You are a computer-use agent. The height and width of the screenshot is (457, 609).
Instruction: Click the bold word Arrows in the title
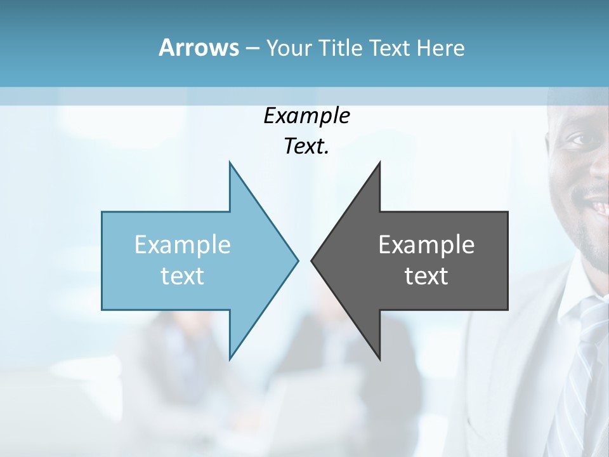click(x=199, y=48)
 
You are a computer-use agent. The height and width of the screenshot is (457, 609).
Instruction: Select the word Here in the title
click(x=440, y=48)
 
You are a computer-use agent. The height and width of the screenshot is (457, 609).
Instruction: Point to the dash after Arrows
click(x=252, y=48)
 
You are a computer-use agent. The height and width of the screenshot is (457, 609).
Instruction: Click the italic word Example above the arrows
click(x=306, y=116)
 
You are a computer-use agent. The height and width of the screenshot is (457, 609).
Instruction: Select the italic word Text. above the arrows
click(x=306, y=146)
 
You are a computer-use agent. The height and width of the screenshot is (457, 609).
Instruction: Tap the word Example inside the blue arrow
click(x=183, y=244)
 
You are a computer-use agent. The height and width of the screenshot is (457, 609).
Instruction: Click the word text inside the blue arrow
click(x=183, y=275)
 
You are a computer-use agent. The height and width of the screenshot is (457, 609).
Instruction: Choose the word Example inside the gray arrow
click(x=426, y=244)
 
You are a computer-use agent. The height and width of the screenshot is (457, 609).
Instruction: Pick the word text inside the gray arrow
click(x=426, y=275)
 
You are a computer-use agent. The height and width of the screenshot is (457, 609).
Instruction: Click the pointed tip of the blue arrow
click(x=297, y=260)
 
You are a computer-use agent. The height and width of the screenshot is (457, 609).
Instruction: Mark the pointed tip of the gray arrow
click(x=313, y=260)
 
